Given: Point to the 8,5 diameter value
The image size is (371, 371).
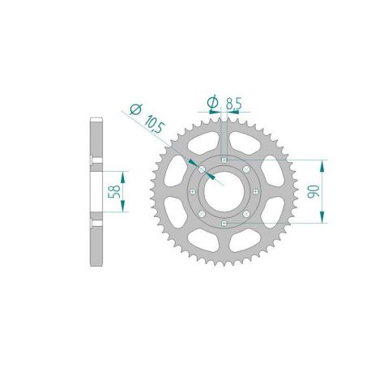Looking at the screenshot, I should [232, 104].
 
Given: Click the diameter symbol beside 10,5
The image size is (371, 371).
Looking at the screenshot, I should [134, 106].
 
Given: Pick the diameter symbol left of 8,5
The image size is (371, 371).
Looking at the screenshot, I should [211, 102].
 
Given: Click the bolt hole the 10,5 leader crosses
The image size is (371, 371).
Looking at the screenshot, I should [200, 168].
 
